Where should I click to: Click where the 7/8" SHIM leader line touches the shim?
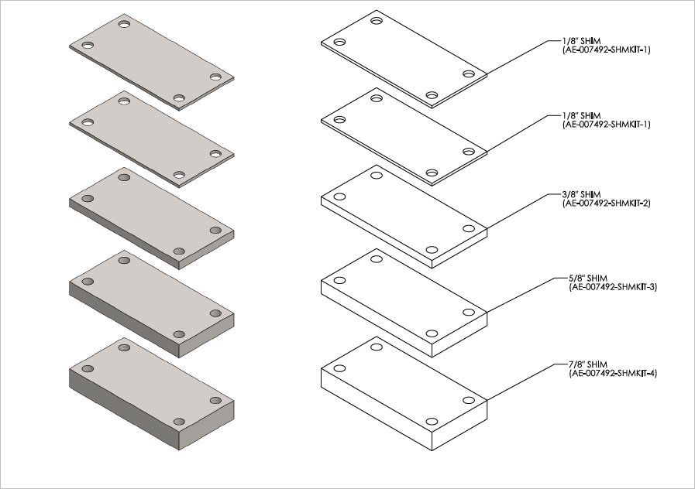coord(487,400)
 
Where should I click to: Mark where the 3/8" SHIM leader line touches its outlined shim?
coord(487,228)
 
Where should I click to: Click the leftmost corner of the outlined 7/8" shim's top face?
coord(321,367)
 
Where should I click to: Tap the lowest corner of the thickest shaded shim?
coord(179,450)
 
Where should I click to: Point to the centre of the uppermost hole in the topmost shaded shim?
coord(124,24)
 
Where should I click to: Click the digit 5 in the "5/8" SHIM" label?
coord(571,279)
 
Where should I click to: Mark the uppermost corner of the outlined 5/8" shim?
coord(377,248)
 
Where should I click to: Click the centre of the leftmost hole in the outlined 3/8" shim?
coord(339,197)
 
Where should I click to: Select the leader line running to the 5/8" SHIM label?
coord(521,295)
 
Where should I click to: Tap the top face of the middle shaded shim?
coord(152,214)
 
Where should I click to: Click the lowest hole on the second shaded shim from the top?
coord(179,175)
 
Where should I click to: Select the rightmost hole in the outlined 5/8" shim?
coord(469,312)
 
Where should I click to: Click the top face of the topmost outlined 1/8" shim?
coord(404,57)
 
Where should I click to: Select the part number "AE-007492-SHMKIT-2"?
coord(607,203)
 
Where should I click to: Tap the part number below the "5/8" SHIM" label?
coord(613,287)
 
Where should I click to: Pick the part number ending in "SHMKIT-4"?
coord(613,373)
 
